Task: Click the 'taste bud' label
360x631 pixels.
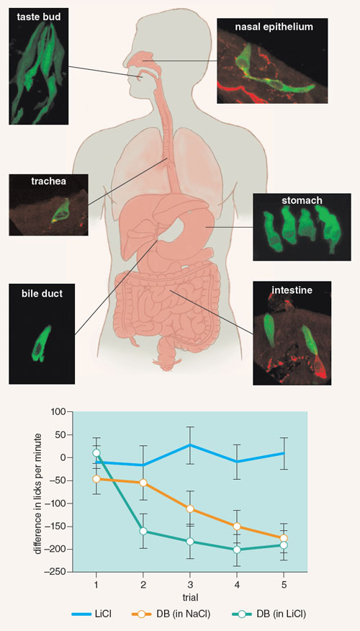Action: [x=38, y=17]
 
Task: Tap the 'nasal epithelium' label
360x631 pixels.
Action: [x=274, y=27]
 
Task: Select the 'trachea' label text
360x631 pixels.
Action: [x=48, y=181]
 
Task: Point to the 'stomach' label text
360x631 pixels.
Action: [x=302, y=200]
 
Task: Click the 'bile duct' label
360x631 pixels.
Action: [x=42, y=294]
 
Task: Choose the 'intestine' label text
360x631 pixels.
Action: [x=292, y=290]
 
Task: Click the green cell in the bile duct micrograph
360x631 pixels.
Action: [x=42, y=343]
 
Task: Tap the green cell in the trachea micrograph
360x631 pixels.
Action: [x=60, y=210]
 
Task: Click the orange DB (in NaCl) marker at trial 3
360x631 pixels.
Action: [x=190, y=509]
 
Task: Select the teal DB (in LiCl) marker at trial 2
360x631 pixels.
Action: [x=143, y=531]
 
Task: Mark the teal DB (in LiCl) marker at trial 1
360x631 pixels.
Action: [x=96, y=453]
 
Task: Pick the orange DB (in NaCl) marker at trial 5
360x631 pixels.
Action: [x=284, y=538]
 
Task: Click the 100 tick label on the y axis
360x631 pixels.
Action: [x=60, y=412]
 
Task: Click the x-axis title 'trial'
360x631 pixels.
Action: [x=189, y=598]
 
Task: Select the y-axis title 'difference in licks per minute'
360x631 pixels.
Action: [x=38, y=493]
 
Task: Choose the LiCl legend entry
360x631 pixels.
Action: [x=91, y=614]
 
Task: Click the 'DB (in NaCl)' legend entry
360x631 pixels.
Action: [x=171, y=614]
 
